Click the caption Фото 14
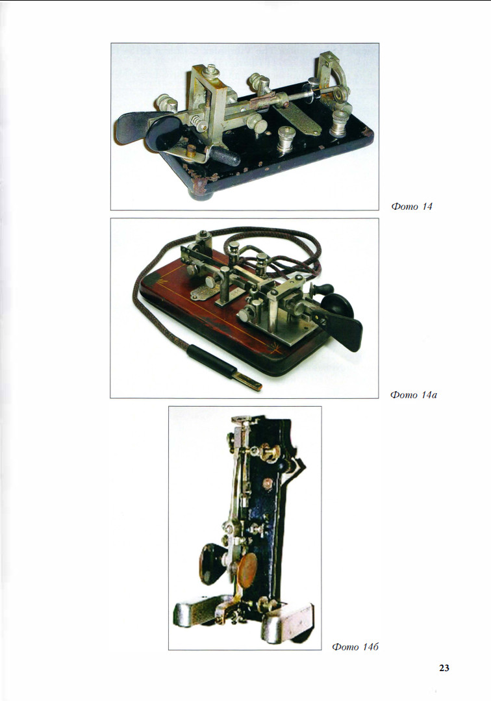click(412, 207)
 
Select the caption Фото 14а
click(413, 395)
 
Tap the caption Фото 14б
click(355, 646)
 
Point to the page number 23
click(444, 668)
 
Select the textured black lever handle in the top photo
click(225, 157)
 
